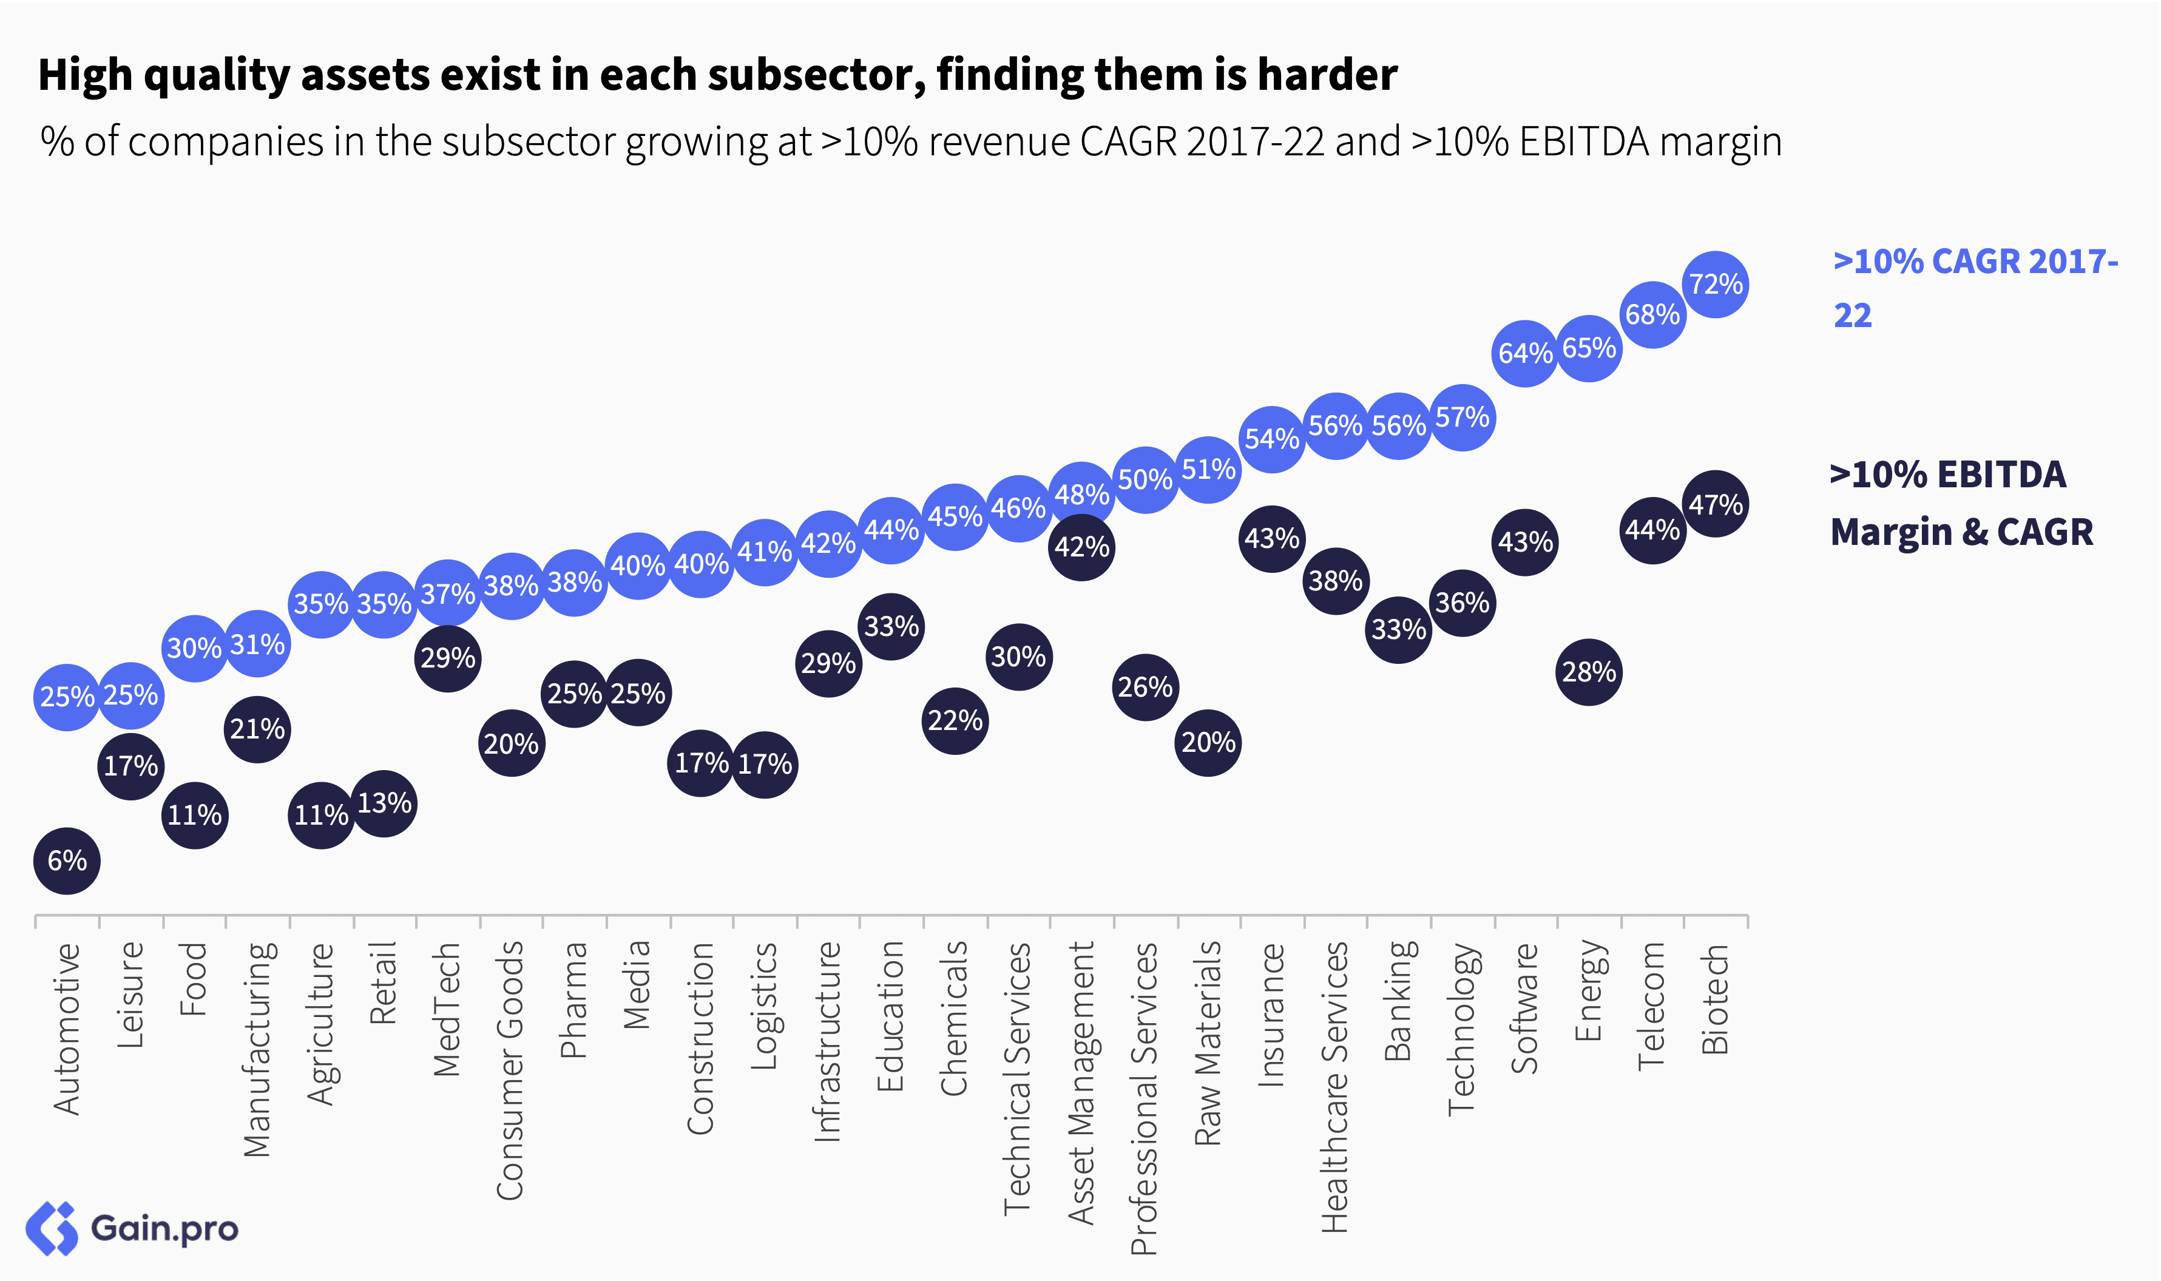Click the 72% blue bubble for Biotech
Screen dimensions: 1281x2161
point(1715,284)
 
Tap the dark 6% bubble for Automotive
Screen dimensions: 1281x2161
point(67,860)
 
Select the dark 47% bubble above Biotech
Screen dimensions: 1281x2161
point(1715,504)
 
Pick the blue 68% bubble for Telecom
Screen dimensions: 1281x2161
point(1652,314)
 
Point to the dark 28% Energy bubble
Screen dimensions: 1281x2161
point(1588,672)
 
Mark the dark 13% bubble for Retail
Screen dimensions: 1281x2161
point(384,803)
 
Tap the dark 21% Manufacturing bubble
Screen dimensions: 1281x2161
point(257,729)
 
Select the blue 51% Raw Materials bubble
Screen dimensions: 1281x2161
point(1208,470)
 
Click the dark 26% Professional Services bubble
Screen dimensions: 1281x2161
point(1145,687)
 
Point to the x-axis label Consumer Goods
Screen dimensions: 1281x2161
point(510,1070)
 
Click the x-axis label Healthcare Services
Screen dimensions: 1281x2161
point(1334,1087)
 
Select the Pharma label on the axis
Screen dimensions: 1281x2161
point(574,1001)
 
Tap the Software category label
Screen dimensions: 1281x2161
point(1525,1008)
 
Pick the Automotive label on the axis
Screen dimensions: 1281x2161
point(67,1029)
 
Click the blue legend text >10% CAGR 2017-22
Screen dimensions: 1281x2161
point(1975,288)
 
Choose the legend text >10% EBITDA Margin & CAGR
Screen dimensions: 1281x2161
point(1961,503)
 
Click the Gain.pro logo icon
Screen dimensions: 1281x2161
point(52,1228)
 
